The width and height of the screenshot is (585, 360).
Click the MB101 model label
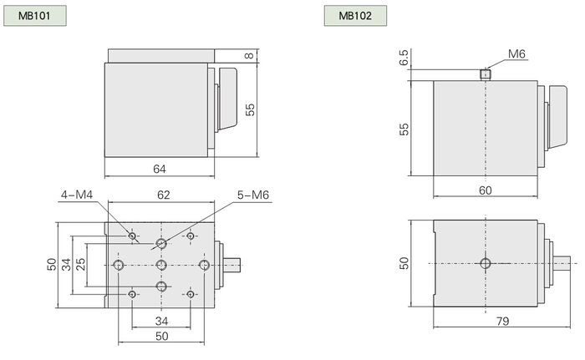point(35,16)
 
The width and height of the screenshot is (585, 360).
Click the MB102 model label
point(355,16)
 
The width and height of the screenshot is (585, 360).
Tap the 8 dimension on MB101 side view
point(249,56)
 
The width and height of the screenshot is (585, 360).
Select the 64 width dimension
point(160,169)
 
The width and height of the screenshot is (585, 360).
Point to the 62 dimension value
point(164,195)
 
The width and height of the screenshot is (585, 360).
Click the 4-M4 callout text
point(77,195)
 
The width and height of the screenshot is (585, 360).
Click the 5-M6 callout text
point(253,195)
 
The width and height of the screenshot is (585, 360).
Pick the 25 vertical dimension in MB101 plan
point(80,265)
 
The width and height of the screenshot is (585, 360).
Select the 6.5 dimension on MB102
point(404,58)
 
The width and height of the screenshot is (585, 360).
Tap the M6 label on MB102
point(516,54)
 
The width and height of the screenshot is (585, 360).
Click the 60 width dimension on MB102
point(485,190)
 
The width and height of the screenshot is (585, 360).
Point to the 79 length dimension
point(502,321)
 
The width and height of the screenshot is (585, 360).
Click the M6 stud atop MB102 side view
point(485,74)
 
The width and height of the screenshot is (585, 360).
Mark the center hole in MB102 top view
point(486,263)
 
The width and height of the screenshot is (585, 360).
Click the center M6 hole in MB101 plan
point(161,266)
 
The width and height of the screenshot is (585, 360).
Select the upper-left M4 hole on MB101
point(132,236)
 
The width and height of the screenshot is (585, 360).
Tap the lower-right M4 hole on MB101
point(191,294)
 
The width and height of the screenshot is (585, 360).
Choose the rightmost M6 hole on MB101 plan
point(204,266)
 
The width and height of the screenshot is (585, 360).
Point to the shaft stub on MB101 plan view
point(232,265)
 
